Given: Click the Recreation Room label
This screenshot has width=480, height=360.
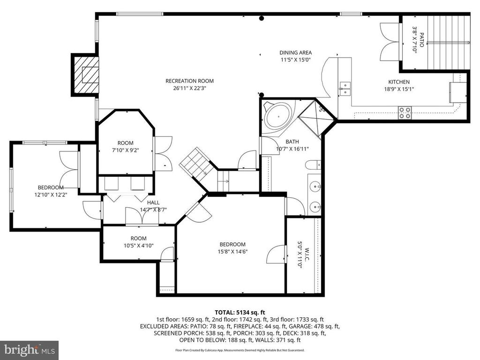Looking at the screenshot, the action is (189, 81).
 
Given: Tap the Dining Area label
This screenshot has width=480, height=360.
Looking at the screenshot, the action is (295, 52).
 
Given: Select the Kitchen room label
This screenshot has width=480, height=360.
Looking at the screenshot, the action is (399, 82).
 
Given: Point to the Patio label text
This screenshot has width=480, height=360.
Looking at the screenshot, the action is (421, 40).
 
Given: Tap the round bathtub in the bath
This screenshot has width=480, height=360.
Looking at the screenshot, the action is (278, 117).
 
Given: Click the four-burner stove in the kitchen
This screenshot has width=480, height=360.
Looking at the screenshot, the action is (405, 112).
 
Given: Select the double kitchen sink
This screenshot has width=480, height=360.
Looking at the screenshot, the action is (345, 89).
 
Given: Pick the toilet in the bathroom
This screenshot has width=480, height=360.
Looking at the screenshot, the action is (313, 165).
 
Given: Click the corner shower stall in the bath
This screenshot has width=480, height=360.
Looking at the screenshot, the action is (316, 118).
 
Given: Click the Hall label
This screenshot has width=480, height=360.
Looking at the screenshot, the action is (153, 202).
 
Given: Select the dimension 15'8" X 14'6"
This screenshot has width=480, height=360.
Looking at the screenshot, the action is (232, 252).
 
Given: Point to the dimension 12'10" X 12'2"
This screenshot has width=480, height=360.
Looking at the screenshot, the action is (51, 195).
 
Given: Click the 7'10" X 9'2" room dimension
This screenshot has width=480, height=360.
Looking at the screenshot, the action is (126, 150).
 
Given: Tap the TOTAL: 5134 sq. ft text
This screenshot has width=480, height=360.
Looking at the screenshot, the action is (240, 313).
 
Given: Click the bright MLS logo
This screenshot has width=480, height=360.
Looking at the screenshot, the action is (30, 350).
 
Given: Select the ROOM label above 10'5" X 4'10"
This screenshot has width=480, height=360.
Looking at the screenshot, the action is (138, 239).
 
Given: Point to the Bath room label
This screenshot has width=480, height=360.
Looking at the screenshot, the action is (292, 142).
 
